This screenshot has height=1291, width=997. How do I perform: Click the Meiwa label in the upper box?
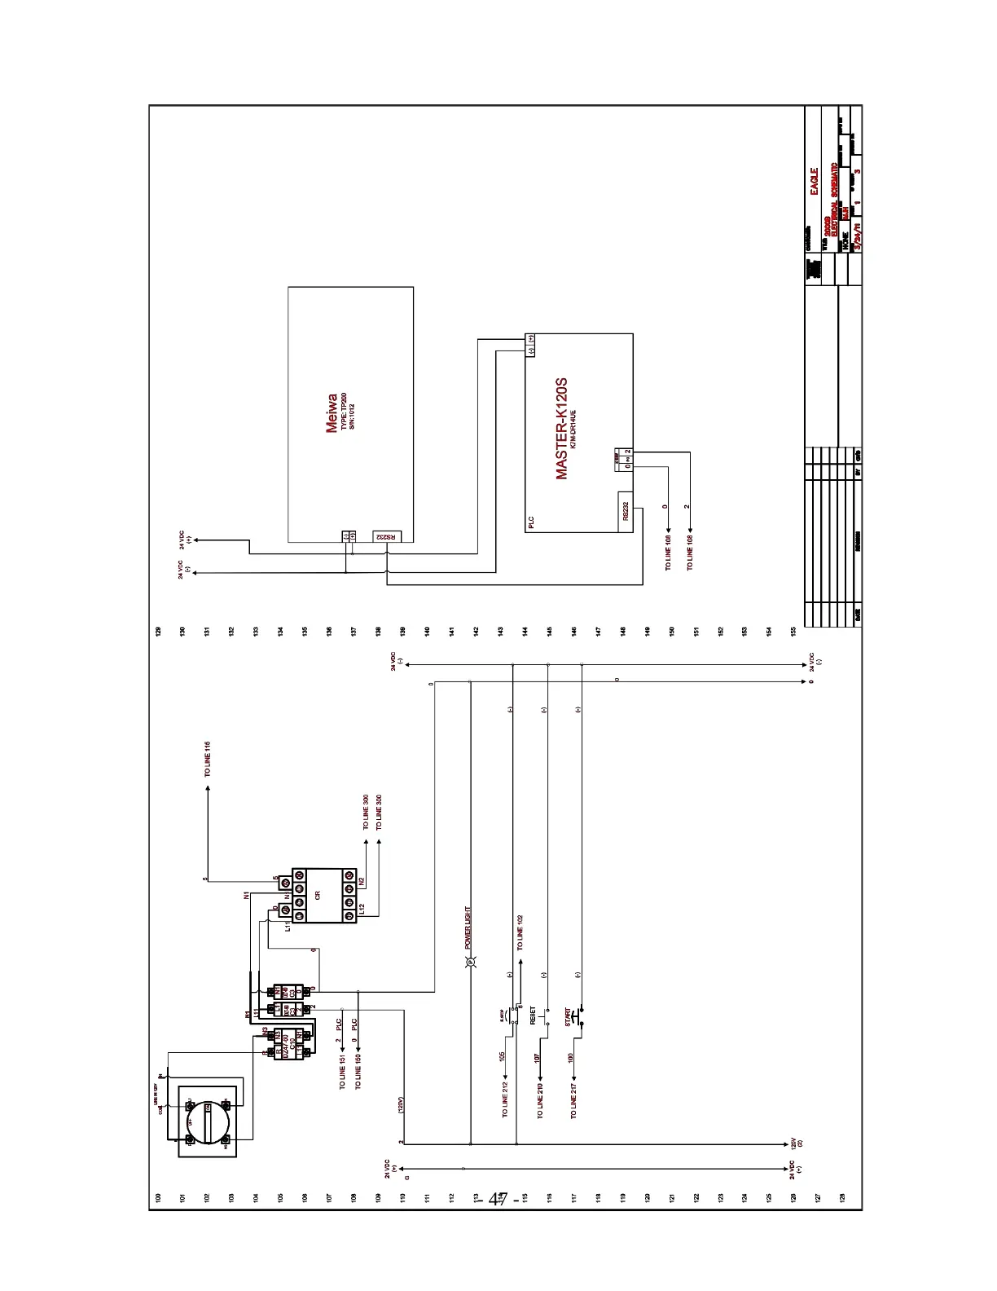332,413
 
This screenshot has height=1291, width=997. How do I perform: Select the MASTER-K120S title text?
561,429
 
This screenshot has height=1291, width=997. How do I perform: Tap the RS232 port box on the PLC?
626,511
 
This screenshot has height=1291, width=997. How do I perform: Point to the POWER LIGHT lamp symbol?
470,964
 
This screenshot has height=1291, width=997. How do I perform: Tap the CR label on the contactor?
318,894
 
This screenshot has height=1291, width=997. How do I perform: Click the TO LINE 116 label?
208,759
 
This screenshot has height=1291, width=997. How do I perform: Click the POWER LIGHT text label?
469,928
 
